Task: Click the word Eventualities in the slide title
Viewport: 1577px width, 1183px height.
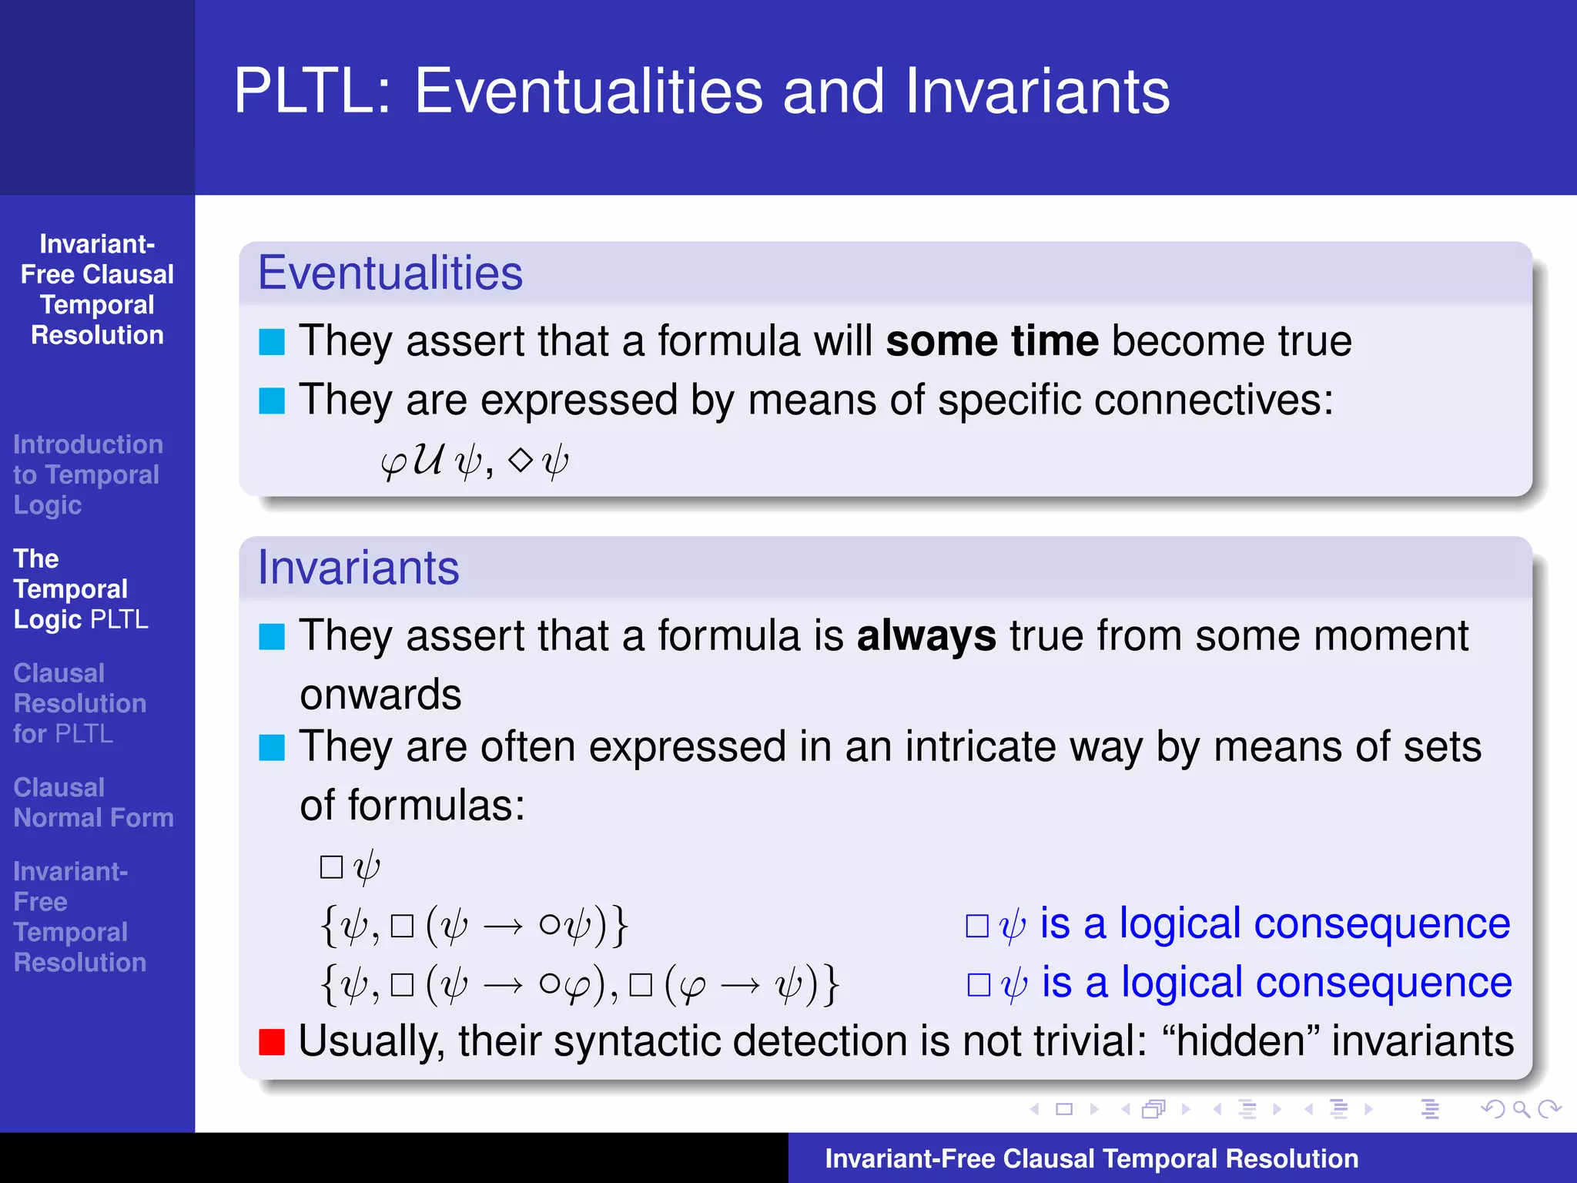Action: point(588,91)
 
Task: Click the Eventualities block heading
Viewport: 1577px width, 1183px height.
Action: point(390,273)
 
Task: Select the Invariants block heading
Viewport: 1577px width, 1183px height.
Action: point(358,568)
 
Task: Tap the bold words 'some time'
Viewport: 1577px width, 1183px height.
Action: point(992,340)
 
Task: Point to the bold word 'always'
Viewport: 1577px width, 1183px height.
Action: point(926,636)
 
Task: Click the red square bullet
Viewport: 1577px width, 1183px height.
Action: point(272,1041)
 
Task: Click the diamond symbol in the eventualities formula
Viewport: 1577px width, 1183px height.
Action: point(521,460)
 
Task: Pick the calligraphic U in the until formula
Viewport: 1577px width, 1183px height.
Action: point(427,460)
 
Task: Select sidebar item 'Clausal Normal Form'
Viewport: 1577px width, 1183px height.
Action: point(93,803)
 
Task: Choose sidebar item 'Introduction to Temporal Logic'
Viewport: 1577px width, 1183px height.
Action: point(87,474)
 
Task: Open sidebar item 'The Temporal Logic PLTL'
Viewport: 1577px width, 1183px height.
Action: point(81,589)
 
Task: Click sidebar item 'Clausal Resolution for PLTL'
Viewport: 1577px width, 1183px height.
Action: point(79,703)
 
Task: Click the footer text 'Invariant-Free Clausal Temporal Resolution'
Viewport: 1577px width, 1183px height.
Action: point(1091,1158)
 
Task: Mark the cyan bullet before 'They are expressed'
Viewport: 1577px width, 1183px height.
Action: point(272,400)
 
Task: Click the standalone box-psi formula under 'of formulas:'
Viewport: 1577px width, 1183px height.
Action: point(350,866)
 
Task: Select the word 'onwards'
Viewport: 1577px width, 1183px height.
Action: point(380,695)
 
